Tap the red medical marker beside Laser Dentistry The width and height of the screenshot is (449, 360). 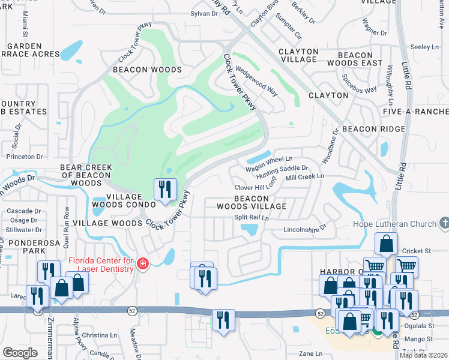142,264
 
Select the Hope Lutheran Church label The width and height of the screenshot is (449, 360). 394,224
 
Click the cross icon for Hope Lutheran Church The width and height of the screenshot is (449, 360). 444,224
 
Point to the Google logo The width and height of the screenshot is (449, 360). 20,352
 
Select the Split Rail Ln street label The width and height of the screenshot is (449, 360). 251,217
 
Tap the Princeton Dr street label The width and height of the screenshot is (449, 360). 25,157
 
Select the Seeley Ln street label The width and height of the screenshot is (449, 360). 425,47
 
